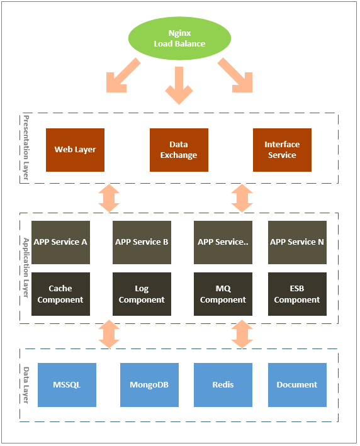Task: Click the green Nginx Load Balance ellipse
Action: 179,38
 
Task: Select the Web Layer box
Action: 75,150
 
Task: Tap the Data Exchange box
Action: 179,150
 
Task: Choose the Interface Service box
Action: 282,150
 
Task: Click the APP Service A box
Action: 60,242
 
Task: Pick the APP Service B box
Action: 142,242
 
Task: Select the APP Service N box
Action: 297,242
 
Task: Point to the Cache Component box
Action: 60,294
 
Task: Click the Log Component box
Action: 142,294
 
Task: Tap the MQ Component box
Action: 223,294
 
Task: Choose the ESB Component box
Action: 297,294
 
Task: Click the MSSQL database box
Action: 67,385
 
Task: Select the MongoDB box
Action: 149,385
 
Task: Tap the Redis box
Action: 223,385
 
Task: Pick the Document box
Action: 297,385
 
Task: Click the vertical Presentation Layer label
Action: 26,148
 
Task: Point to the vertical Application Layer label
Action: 26,268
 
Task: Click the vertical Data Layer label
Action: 26,385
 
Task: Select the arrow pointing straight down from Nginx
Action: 179,86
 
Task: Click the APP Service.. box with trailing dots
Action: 223,242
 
